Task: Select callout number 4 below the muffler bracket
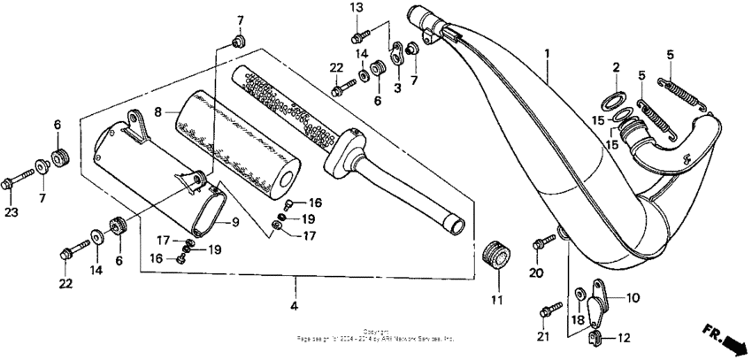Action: pyautogui.click(x=295, y=306)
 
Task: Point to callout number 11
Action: pyautogui.click(x=496, y=300)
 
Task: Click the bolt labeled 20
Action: pyautogui.click(x=539, y=243)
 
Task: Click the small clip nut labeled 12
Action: pyautogui.click(x=596, y=335)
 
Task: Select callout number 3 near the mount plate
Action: pyautogui.click(x=397, y=87)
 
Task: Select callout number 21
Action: pyautogui.click(x=544, y=337)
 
